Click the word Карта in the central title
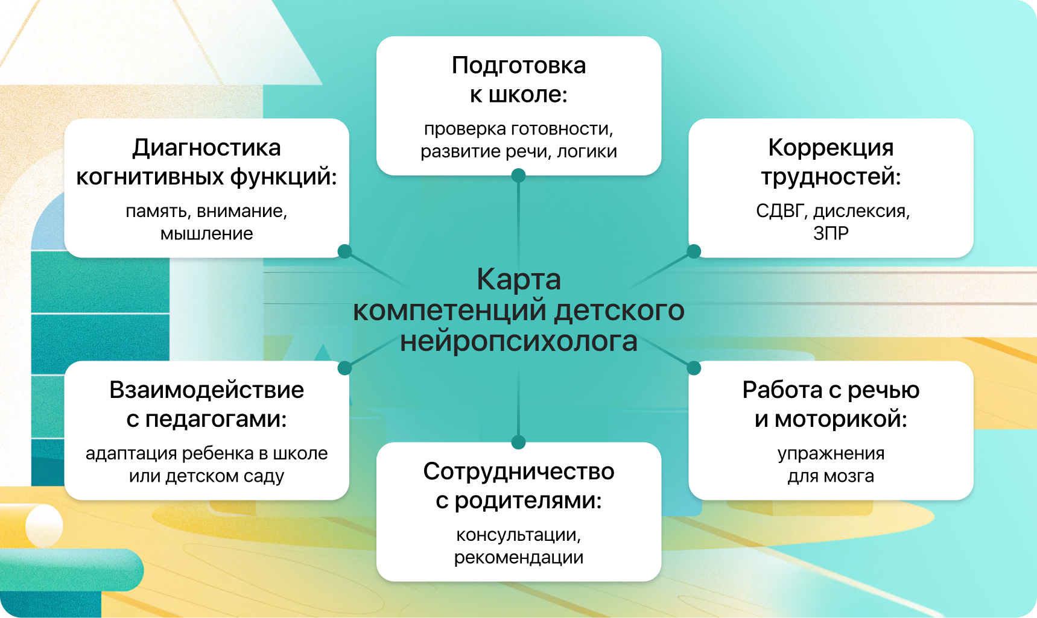(x=519, y=279)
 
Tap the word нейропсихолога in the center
(x=519, y=341)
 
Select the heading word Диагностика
(x=206, y=148)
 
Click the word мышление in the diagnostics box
(x=206, y=233)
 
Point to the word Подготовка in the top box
(x=519, y=65)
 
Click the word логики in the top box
(x=586, y=151)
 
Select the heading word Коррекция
(x=831, y=148)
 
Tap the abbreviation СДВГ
(x=781, y=211)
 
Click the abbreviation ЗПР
(x=831, y=233)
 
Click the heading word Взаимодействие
(x=206, y=390)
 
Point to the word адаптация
(x=131, y=453)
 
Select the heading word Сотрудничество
(x=519, y=471)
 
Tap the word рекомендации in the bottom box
(x=519, y=557)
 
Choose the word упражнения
(x=831, y=453)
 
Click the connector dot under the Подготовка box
(x=518, y=175)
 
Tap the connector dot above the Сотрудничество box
(x=518, y=443)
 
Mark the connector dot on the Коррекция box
(x=694, y=251)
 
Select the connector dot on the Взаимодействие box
(x=344, y=368)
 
